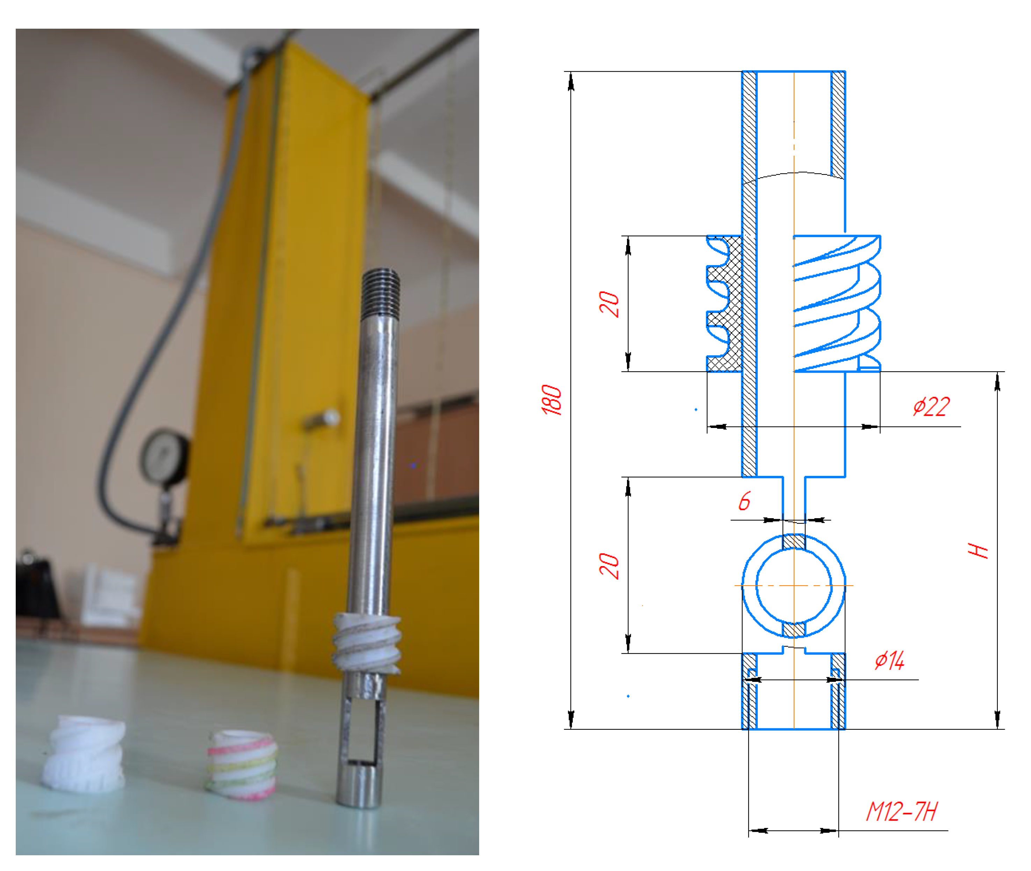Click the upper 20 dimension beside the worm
(609, 304)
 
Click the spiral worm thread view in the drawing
(837, 304)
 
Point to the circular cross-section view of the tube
(794, 586)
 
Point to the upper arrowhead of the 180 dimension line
(571, 83)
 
